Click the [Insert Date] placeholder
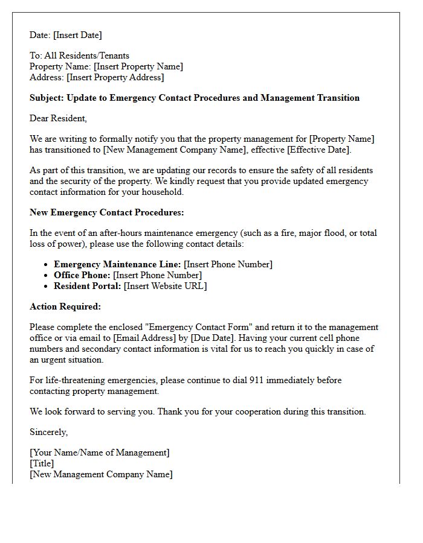tap(78, 35)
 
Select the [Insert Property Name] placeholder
tap(138, 66)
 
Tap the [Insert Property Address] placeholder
tap(115, 77)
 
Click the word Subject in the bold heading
tap(47, 98)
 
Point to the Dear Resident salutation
tap(58, 118)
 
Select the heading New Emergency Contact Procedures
tap(107, 212)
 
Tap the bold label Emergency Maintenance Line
tap(117, 264)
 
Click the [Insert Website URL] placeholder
tap(165, 286)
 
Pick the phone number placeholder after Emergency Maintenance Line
tap(228, 264)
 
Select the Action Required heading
tap(65, 306)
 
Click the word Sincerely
tap(48, 432)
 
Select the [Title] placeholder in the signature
tap(42, 463)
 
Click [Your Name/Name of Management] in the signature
tap(100, 453)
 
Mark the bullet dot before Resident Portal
tap(46, 286)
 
